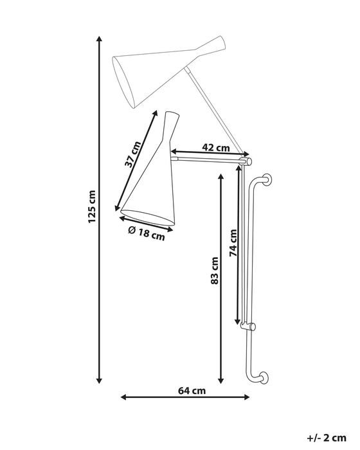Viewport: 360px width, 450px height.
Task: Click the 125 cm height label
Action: (92, 208)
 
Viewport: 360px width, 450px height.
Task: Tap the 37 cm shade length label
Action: (133, 152)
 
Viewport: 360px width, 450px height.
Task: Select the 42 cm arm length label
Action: (215, 147)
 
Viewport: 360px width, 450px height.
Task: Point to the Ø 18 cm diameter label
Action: (147, 233)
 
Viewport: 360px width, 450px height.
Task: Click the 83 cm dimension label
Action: (215, 271)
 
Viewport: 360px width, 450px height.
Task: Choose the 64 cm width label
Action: (192, 390)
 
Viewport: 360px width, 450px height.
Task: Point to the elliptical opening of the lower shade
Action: (147, 218)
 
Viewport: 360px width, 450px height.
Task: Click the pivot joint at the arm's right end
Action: (248, 157)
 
